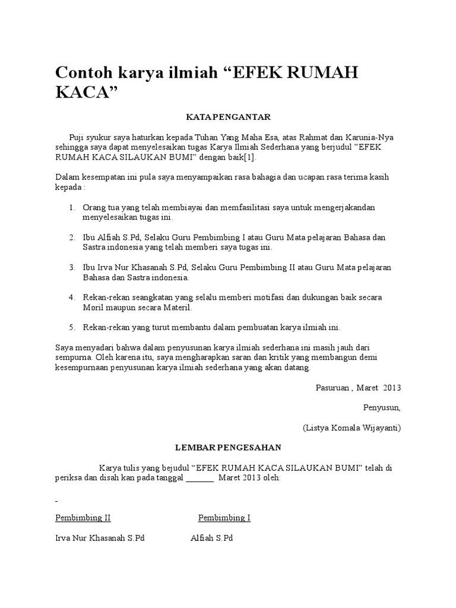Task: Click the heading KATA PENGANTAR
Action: coord(229,117)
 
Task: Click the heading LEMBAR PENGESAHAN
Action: coord(228,447)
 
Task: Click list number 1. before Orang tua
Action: coord(72,207)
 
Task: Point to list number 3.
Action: coord(72,267)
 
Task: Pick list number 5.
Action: coord(72,327)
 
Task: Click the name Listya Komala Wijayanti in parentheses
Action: coord(351,427)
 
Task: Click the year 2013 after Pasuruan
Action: coord(392,388)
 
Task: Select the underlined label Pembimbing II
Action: coord(83,518)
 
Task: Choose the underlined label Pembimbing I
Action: coord(224,518)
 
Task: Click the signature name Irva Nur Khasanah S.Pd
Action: coord(100,538)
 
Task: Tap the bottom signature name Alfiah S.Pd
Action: coord(212,538)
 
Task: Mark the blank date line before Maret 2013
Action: coord(199,478)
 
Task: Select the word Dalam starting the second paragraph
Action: coord(67,178)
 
